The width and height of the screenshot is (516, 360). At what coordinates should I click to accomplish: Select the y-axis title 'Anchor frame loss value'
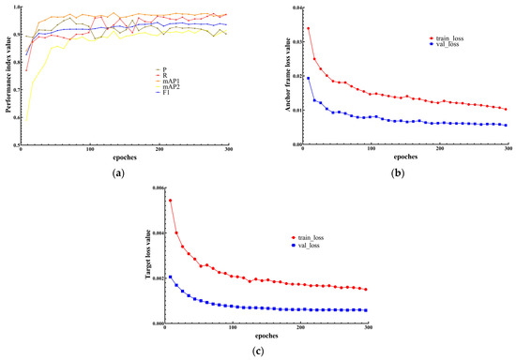276,76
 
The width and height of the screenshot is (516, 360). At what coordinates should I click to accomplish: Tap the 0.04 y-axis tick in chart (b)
292,7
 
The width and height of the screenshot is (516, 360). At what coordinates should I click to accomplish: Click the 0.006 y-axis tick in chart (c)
154,188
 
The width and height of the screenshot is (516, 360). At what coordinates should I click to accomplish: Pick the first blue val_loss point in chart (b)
309,78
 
